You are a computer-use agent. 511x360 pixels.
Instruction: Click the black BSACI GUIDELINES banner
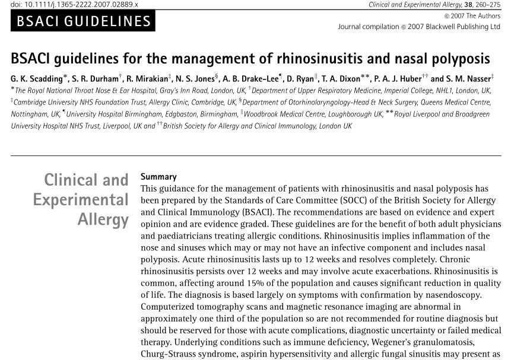click(x=83, y=22)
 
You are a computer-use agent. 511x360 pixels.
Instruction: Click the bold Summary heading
click(x=158, y=177)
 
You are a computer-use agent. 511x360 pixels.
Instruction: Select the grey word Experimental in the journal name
click(x=81, y=200)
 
